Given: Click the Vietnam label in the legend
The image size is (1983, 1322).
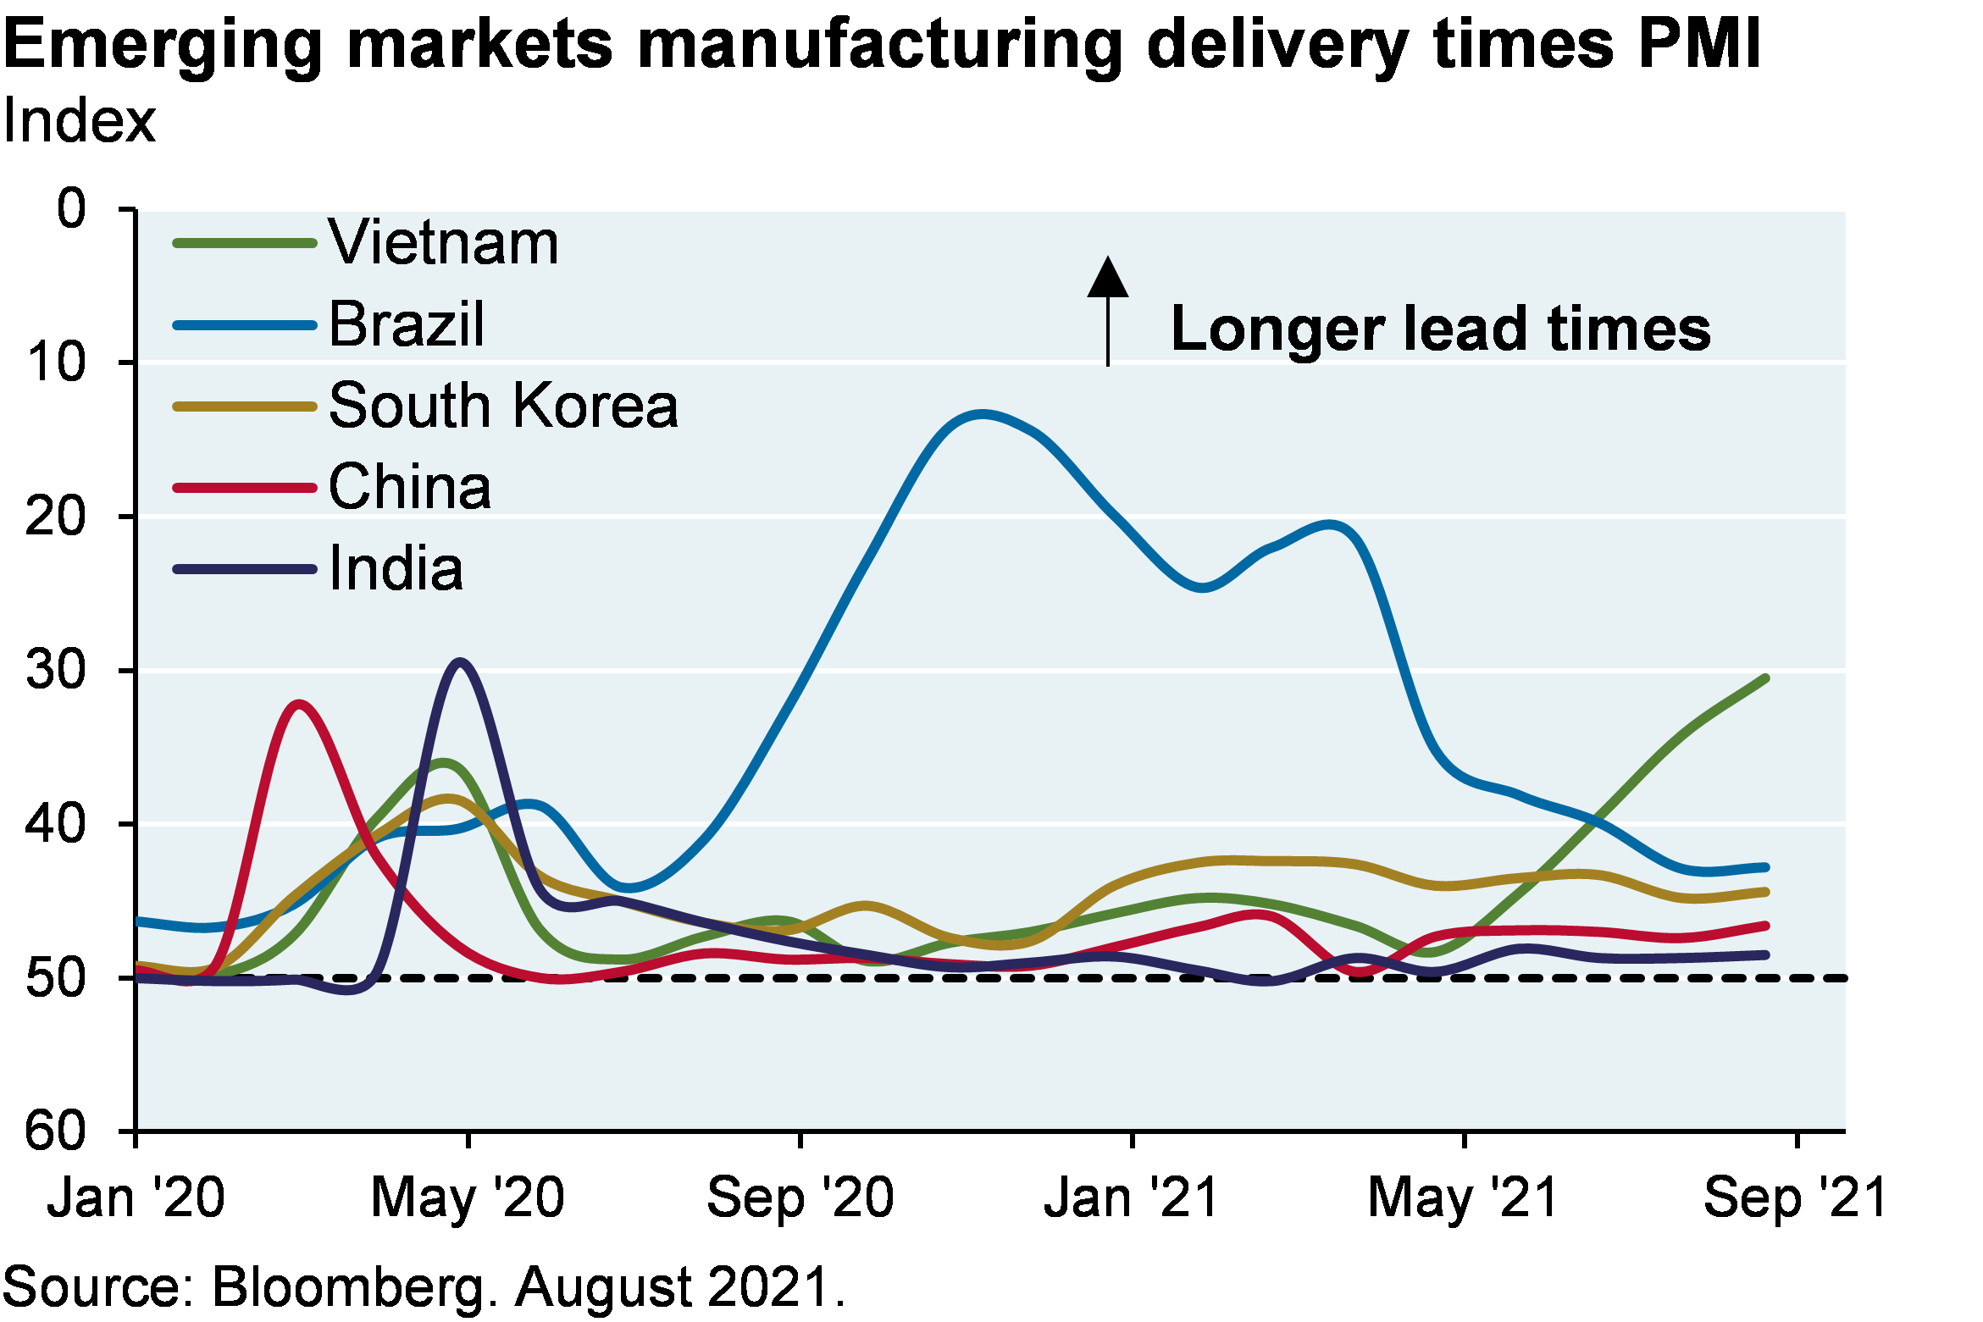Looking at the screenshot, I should coord(443,243).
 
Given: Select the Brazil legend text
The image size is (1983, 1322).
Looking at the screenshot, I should coord(407,324).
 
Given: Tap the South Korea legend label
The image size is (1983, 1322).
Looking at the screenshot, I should coord(503,406).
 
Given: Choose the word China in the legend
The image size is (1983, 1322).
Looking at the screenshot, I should coord(410,487).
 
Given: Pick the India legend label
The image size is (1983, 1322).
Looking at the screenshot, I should coord(396,568).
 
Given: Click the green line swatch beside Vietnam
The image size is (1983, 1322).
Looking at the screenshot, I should coord(245,243).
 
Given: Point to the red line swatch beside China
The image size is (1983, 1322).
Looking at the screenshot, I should coord(245,488).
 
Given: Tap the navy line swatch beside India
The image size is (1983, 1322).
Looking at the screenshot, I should coord(245,569).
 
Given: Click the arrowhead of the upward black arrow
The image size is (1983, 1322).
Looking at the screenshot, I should coord(1108,278).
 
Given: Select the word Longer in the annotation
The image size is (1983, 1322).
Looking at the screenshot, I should coord(1277,329).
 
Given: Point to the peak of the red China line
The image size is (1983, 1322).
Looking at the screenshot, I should coord(299,704).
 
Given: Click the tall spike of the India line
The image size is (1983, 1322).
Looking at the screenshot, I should coord(460,661).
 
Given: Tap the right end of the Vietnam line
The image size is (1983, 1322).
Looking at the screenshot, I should coord(1765,678).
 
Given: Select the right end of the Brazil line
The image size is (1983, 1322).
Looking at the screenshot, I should coord(1765,867).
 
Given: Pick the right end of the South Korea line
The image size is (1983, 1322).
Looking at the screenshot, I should coord(1765,892).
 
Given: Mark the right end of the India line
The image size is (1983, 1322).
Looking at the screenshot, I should coord(1765,954).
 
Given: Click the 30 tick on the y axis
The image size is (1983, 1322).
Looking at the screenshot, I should coord(58,669).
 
